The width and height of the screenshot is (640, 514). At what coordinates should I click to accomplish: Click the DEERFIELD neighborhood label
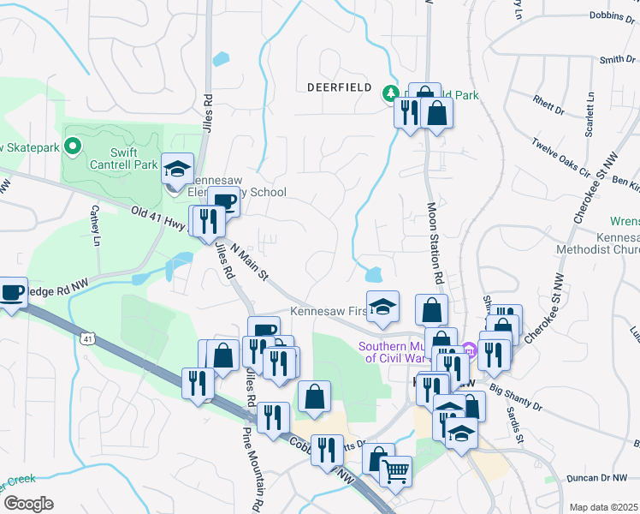339,87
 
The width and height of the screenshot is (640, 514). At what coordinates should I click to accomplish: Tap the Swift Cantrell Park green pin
74,147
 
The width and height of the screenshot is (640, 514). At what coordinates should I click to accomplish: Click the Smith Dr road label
617,59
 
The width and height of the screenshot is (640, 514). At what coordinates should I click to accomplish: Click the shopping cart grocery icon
395,469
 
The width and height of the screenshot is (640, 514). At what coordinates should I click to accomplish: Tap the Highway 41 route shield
88,339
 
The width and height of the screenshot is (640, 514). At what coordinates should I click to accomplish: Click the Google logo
27,504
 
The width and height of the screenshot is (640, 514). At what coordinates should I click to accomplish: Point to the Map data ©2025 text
603,507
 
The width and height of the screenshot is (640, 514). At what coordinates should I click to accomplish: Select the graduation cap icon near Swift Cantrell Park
178,168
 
